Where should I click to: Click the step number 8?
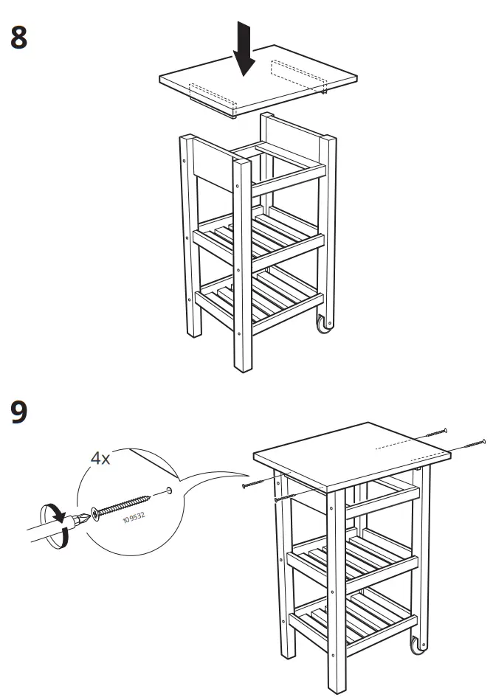click(x=18, y=37)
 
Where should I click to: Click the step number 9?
click(x=18, y=412)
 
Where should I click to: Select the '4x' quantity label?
click(x=100, y=458)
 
